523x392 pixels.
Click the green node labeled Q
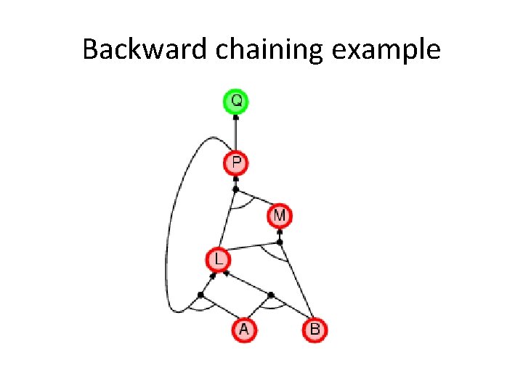pyautogui.click(x=235, y=100)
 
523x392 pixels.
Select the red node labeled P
pyautogui.click(x=236, y=163)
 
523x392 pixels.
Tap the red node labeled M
pyautogui.click(x=280, y=216)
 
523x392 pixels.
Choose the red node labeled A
pyautogui.click(x=244, y=330)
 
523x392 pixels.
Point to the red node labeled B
pyautogui.click(x=315, y=330)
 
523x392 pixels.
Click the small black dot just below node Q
pyautogui.click(x=235, y=116)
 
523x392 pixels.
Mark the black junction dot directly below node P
pyautogui.click(x=235, y=189)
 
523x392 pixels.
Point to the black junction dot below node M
pyautogui.click(x=280, y=242)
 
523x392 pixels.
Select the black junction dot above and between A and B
pyautogui.click(x=271, y=295)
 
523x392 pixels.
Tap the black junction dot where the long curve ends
pyautogui.click(x=201, y=295)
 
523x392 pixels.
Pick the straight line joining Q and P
pyautogui.click(x=235, y=134)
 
